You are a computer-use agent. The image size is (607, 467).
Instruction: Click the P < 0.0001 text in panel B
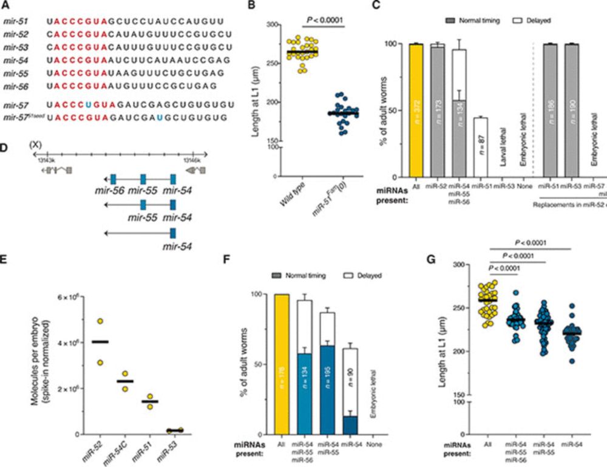point(325,20)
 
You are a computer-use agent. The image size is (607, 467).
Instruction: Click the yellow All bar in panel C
point(416,109)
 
